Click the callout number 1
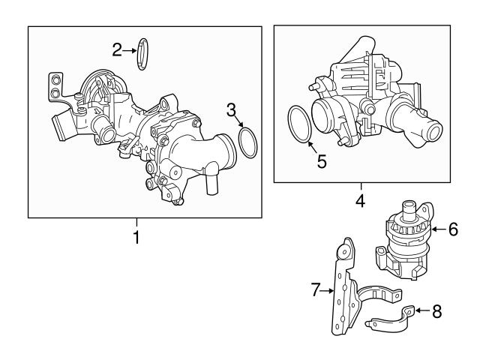tap(136, 238)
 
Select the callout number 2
tap(117, 50)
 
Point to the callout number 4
tap(360, 201)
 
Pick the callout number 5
tap(321, 160)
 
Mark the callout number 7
tap(316, 288)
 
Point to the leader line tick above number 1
tap(136, 222)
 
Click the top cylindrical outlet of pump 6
tap(409, 207)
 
